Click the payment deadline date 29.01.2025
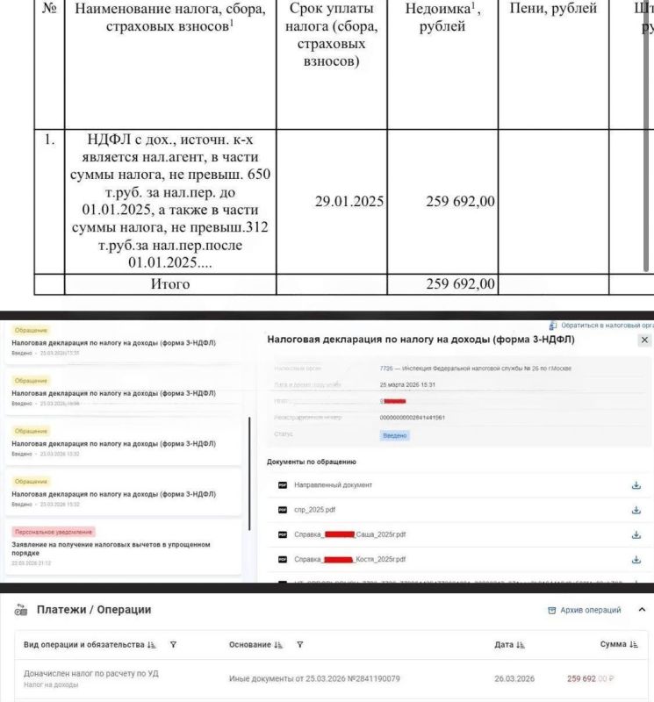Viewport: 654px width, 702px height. [x=349, y=201]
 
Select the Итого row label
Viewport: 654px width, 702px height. [x=169, y=284]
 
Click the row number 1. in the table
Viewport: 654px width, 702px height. [x=49, y=139]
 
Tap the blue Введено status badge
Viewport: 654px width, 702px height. [x=395, y=435]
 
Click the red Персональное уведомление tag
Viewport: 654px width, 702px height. [x=54, y=532]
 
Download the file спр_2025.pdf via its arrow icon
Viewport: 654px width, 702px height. [x=636, y=510]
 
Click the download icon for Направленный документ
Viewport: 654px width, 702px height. [x=636, y=485]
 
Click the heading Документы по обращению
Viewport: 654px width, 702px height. [x=312, y=462]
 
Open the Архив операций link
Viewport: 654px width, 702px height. [x=590, y=611]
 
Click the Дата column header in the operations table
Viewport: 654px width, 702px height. [x=504, y=645]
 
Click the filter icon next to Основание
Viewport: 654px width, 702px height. [x=300, y=645]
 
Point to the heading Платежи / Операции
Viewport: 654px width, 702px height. [x=94, y=610]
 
